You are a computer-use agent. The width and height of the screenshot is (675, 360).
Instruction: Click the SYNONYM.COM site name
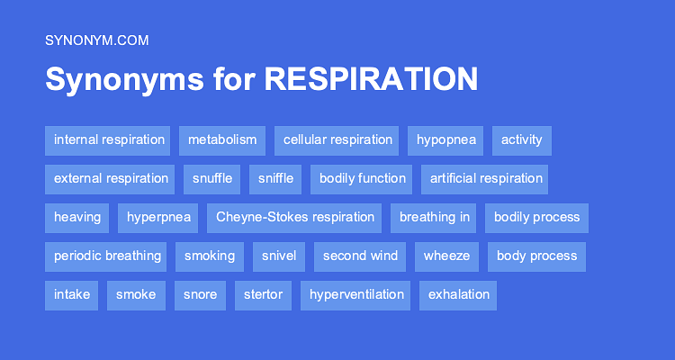[x=96, y=40]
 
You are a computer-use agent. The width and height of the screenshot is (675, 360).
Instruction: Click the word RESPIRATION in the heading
[x=371, y=79]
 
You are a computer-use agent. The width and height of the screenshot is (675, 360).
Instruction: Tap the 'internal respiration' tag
[x=109, y=140]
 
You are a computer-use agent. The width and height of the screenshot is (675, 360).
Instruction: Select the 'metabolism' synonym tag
[x=222, y=140]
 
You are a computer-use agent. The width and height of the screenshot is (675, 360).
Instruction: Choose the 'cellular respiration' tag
[x=337, y=140]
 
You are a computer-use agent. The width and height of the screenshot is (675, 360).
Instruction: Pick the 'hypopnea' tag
[x=445, y=140]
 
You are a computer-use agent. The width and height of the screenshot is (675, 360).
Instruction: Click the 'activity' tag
[x=521, y=140]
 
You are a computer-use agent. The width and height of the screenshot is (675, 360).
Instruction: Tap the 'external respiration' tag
[x=111, y=179]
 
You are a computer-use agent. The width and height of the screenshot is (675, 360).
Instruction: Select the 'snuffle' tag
[x=212, y=179]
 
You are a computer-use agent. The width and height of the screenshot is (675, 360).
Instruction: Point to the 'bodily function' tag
[x=362, y=179]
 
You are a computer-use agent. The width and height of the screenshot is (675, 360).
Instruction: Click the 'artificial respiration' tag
[x=486, y=179]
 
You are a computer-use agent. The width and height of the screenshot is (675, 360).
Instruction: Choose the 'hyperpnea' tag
[x=158, y=218]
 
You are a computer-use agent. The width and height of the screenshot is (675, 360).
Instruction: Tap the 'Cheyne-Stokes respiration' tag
[x=295, y=218]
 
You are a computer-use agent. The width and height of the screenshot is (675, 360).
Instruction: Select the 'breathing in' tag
[x=435, y=218]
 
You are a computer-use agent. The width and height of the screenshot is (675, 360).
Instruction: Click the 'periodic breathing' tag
[x=107, y=256]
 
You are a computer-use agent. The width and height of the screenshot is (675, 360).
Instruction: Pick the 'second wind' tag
[x=360, y=256]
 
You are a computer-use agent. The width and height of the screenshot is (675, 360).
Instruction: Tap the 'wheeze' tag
[x=446, y=256]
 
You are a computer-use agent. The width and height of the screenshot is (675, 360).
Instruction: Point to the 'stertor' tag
[x=263, y=295]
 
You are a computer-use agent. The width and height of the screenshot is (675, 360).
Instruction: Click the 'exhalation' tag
[x=459, y=295]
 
